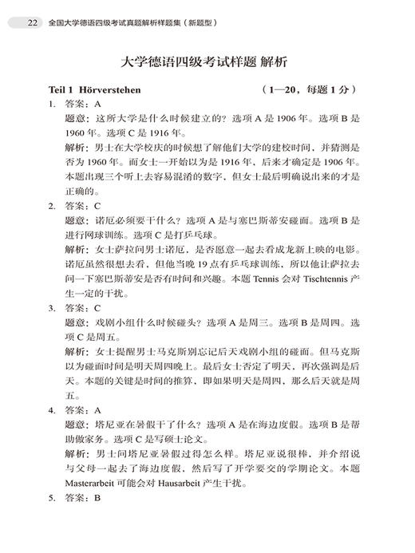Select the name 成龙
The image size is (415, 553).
click(289, 247)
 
